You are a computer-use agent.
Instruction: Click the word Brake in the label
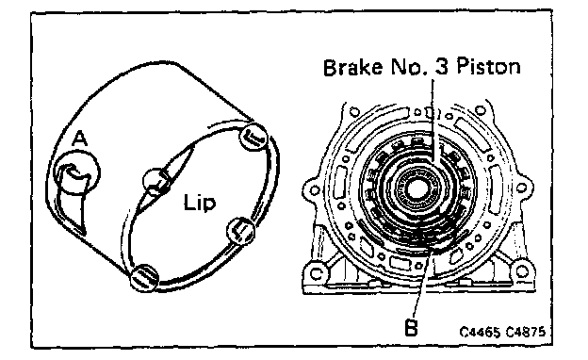pyautogui.click(x=352, y=68)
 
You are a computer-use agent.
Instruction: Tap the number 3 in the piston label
pyautogui.click(x=442, y=67)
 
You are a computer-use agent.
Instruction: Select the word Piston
pyautogui.click(x=488, y=67)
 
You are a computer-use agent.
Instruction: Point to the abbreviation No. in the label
pyautogui.click(x=408, y=68)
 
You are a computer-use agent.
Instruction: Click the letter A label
pyautogui.click(x=79, y=139)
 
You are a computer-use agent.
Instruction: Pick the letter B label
pyautogui.click(x=412, y=328)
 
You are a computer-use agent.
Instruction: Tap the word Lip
pyautogui.click(x=200, y=203)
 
